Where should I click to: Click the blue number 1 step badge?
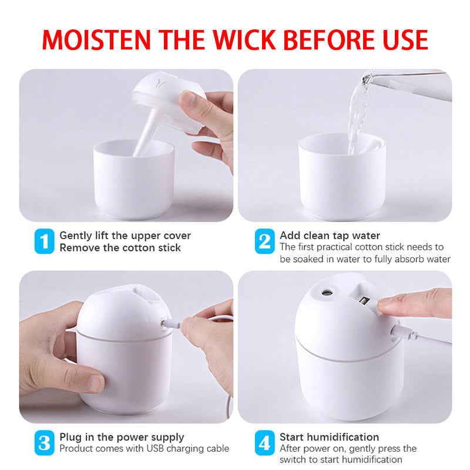coord(44,241)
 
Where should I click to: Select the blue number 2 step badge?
coord(264,241)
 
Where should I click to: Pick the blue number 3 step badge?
coord(44,442)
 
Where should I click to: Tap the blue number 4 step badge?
coord(264,442)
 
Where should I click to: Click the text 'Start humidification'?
coord(329,437)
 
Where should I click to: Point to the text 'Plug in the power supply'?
coord(122,437)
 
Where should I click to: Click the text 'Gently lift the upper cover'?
coord(125,236)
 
